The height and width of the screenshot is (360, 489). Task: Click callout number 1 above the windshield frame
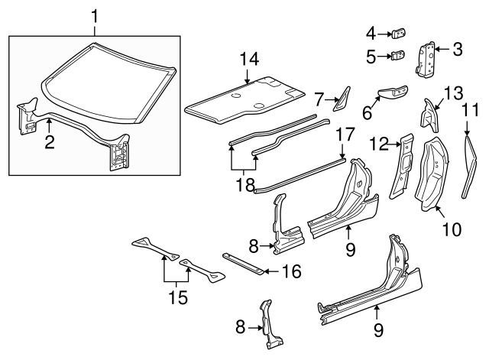pos(95,15)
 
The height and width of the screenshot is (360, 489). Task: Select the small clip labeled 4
pos(399,34)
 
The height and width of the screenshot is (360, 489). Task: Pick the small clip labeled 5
pos(398,56)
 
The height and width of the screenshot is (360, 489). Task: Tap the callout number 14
pos(248,57)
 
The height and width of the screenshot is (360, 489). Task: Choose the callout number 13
pos(453,93)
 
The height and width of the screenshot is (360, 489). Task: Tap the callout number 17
pos(345,135)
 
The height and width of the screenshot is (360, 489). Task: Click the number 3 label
pos(457,50)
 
